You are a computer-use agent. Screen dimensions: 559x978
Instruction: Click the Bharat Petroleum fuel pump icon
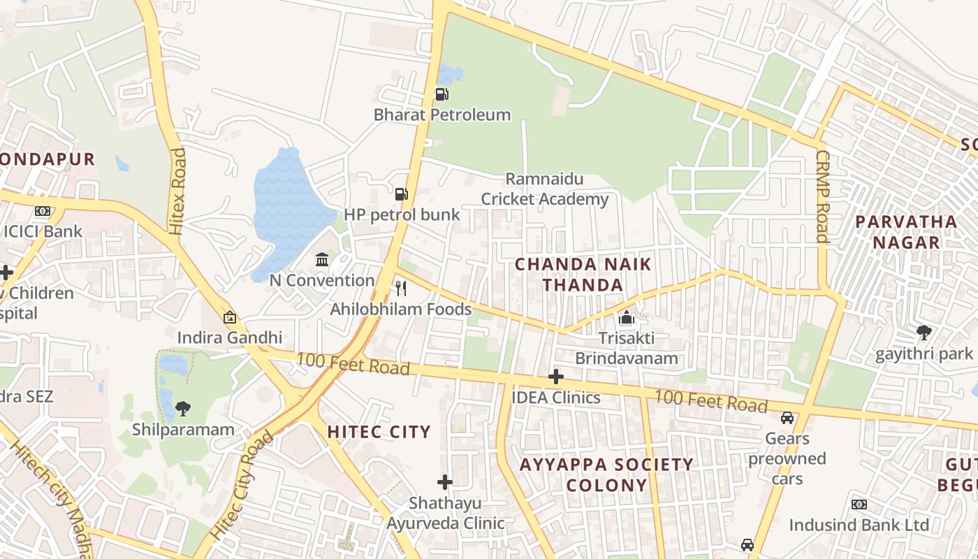tap(441, 94)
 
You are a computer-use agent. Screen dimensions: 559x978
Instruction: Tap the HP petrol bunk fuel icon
tap(401, 194)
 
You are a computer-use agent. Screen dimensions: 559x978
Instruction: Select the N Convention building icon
tap(322, 260)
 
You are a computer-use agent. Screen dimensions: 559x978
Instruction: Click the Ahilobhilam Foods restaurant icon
tap(401, 288)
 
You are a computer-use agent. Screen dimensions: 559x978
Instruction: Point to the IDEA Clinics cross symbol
tap(556, 377)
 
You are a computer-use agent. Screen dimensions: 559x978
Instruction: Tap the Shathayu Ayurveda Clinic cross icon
tap(445, 482)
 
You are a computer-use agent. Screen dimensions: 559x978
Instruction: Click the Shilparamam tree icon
tap(183, 408)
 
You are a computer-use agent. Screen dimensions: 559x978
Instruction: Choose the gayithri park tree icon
tap(924, 333)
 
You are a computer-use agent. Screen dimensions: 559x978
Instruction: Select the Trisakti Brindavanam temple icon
tap(627, 318)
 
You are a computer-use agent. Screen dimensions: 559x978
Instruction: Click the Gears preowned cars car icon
tap(787, 418)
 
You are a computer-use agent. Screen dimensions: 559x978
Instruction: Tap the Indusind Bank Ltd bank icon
tap(859, 504)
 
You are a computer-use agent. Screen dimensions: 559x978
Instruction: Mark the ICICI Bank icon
tap(43, 211)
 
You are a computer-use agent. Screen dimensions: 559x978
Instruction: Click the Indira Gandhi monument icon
tap(230, 317)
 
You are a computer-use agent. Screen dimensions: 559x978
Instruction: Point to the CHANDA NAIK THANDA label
tap(583, 275)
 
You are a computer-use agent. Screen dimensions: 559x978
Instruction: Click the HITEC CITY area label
tap(379, 432)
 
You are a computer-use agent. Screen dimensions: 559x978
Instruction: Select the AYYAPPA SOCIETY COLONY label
tap(606, 474)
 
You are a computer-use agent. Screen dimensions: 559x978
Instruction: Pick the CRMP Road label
tap(822, 196)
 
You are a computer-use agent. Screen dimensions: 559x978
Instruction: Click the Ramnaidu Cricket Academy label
tap(545, 189)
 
